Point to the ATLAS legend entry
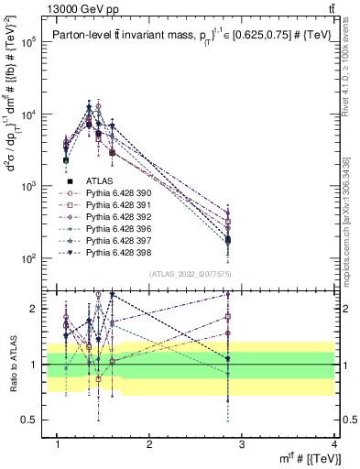click(x=99, y=181)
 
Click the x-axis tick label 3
click(x=242, y=443)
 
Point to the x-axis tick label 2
click(x=149, y=443)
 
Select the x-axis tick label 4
click(x=333, y=443)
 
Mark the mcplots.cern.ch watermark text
click(x=353, y=211)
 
